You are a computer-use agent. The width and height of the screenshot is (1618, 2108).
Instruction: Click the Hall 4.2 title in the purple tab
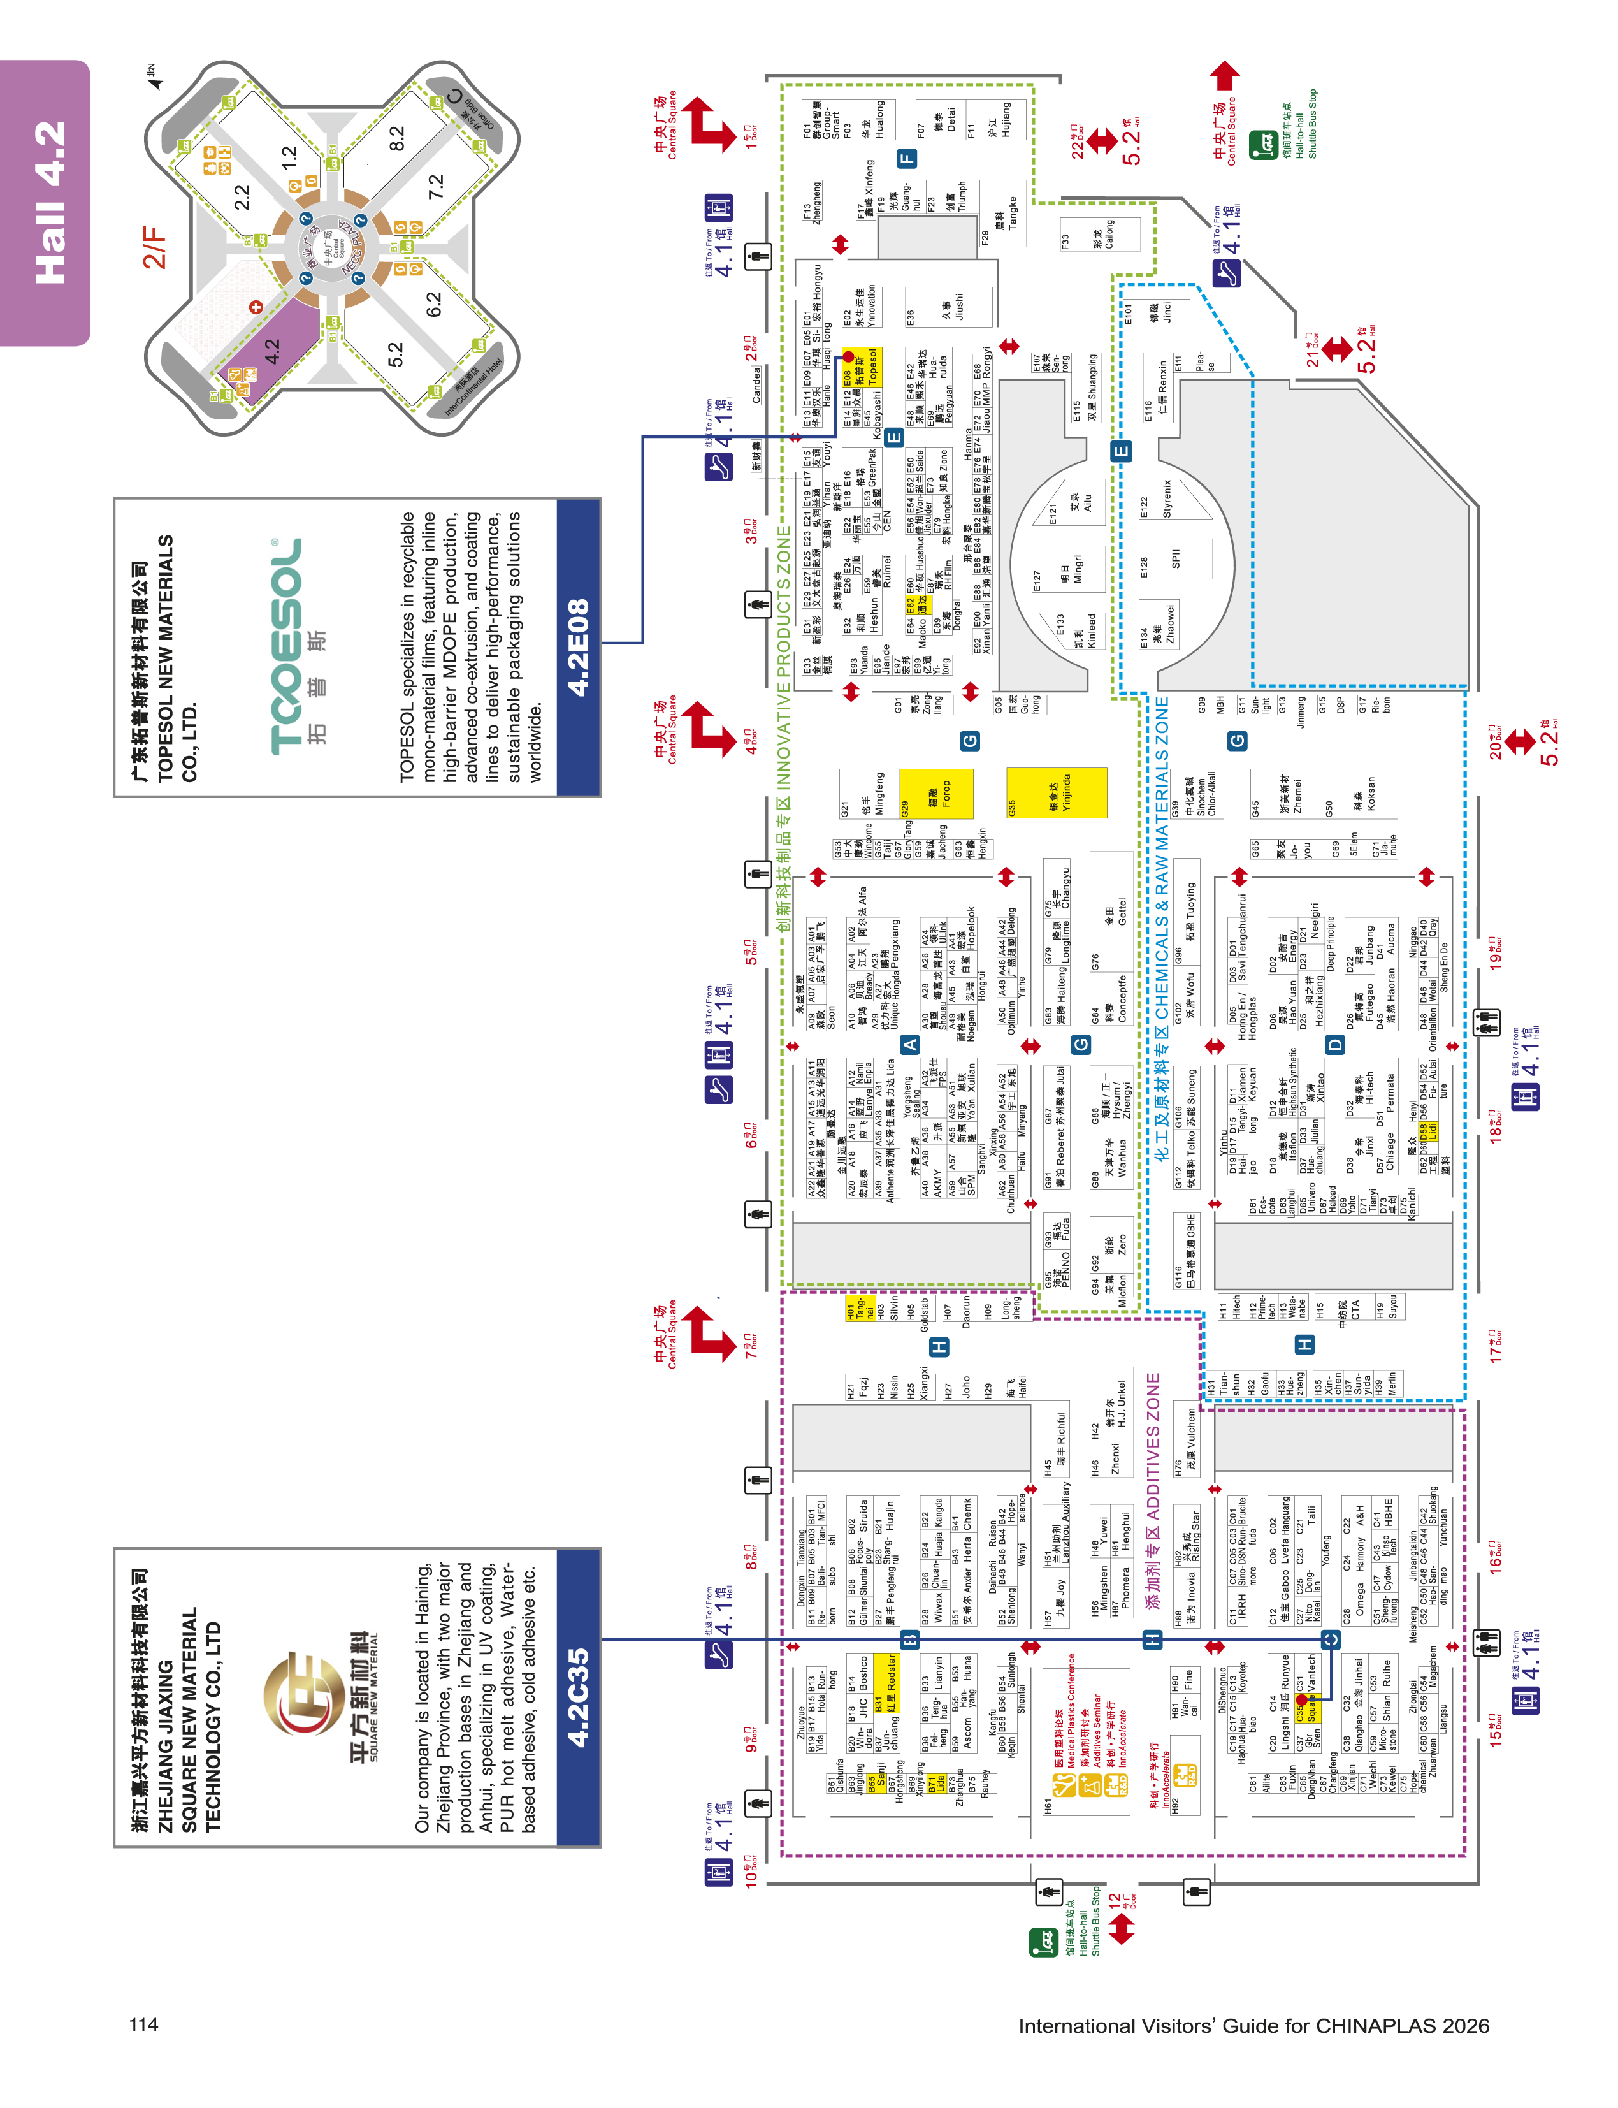[x=50, y=202]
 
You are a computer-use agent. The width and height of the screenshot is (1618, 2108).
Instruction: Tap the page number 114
[x=143, y=2023]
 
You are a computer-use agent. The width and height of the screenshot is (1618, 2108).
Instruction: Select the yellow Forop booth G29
[x=936, y=793]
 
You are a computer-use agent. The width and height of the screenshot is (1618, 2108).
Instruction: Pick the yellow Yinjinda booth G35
[x=1057, y=793]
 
